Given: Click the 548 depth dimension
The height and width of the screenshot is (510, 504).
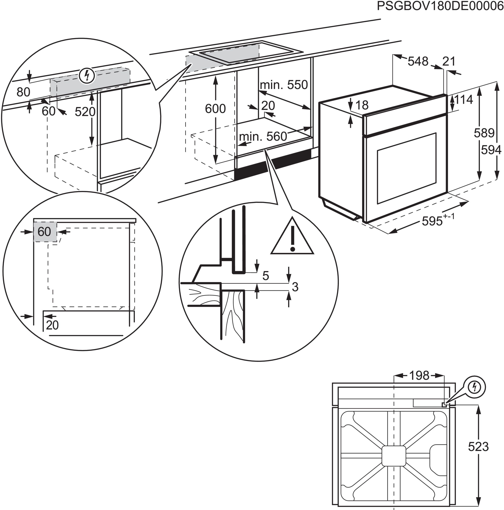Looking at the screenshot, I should (418, 62).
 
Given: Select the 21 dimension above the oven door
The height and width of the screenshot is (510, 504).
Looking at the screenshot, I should (449, 62).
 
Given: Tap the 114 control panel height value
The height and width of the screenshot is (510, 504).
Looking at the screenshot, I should (463, 100).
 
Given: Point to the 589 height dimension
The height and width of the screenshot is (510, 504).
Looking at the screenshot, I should (484, 133).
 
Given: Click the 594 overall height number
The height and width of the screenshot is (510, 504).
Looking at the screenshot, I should (491, 150).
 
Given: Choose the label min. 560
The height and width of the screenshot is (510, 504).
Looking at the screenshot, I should (263, 136).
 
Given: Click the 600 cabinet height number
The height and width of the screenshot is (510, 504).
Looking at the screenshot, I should (215, 109).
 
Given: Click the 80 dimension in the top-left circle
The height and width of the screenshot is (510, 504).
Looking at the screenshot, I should (23, 92).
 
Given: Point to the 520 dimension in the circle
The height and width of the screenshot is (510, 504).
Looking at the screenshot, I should (85, 112).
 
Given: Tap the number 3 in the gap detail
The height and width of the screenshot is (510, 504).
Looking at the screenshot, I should (295, 287).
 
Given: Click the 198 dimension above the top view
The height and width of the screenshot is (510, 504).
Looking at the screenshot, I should (419, 375).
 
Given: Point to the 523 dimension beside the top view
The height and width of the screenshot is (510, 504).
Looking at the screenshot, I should (478, 447).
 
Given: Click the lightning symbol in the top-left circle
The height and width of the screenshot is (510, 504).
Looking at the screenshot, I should (87, 76).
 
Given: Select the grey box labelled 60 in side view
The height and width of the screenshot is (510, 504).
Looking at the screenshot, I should (45, 232).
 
